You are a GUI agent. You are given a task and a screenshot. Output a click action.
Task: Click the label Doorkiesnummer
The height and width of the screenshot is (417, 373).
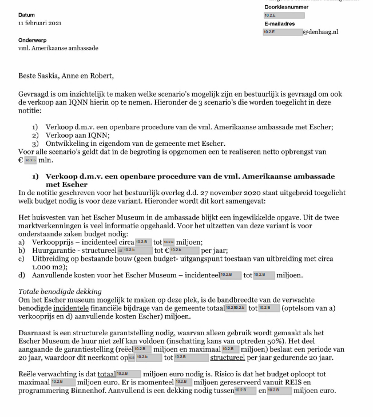click(286, 7)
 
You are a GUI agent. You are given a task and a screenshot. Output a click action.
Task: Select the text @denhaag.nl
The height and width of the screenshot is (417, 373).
click(320, 32)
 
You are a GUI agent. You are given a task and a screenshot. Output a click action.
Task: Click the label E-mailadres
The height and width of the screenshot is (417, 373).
click(279, 24)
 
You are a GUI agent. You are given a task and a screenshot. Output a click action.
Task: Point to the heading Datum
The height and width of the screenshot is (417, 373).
click(26, 15)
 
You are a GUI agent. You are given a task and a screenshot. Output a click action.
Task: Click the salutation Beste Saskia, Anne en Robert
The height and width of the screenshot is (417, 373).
click(66, 76)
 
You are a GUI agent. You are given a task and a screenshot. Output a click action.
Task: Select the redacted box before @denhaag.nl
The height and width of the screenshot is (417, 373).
click(283, 32)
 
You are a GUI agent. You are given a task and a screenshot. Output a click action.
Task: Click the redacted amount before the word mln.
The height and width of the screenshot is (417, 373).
click(30, 161)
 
